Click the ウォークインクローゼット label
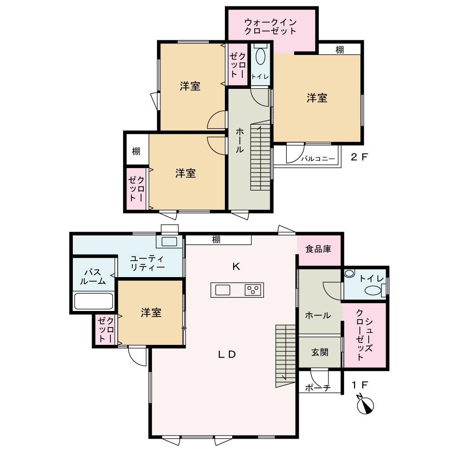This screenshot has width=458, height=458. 270,27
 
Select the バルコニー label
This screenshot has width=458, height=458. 318,159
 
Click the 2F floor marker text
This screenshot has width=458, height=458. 359,157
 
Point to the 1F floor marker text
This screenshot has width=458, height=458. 360,385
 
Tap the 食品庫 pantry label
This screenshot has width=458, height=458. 318,249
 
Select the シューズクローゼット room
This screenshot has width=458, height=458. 365,335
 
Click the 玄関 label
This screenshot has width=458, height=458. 320,352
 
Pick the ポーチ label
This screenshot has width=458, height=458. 318,387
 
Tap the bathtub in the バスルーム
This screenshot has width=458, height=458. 93,301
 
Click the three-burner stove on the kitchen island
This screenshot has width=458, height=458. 253,290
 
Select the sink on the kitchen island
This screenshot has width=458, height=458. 223,290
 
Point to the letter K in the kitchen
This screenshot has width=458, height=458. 236,267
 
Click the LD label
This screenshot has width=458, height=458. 227,354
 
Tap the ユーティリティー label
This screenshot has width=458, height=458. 147,262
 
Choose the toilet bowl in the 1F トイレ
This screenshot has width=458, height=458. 373,290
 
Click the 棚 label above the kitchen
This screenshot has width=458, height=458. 216,240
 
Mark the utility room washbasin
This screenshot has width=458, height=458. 169,241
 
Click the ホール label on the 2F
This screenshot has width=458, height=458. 239,140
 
